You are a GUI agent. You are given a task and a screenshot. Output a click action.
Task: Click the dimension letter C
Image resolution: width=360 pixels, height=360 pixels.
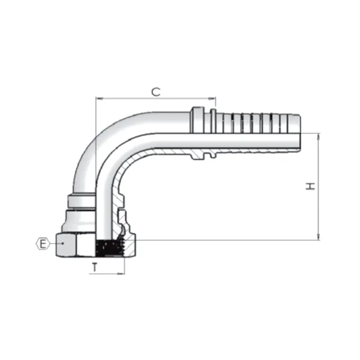(x=155, y=91)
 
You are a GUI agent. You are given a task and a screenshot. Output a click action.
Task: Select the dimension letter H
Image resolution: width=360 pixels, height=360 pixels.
(x=310, y=187)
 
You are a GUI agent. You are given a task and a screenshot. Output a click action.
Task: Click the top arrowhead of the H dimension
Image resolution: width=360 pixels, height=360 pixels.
(x=318, y=137)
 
